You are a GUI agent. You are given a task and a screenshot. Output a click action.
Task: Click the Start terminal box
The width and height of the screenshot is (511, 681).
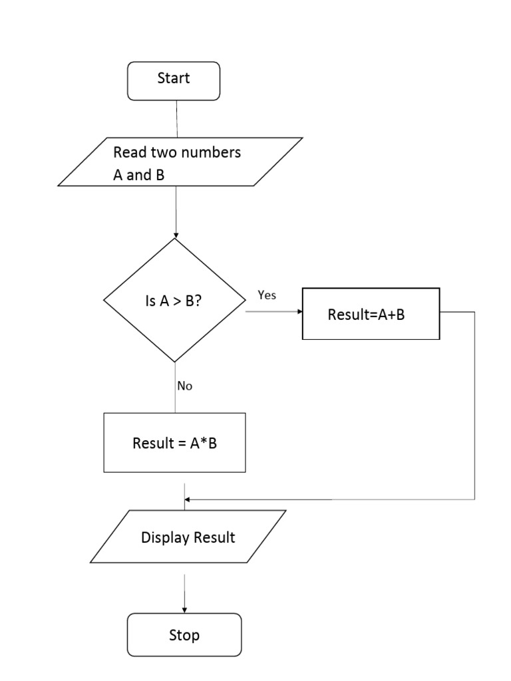174,80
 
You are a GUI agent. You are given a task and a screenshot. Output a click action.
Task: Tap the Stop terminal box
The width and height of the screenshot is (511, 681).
184,635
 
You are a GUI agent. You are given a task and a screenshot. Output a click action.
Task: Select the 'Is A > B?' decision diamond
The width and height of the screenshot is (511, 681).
175,301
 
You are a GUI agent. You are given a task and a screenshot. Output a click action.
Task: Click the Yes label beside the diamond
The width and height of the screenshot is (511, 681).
267,295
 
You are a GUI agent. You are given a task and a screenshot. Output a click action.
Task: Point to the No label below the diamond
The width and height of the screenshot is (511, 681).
185,386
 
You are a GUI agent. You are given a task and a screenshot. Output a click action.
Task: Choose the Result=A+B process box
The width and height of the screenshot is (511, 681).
371,314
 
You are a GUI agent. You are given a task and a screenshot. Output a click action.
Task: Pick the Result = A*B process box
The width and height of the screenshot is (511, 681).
174,443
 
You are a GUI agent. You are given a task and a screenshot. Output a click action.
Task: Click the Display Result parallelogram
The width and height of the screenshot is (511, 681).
188,537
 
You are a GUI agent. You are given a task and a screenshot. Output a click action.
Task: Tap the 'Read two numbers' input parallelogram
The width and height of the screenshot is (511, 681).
180,162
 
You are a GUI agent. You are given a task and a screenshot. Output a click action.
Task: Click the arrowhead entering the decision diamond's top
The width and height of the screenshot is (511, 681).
176,235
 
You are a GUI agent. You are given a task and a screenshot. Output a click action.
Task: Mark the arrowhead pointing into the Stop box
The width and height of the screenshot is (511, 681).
184,609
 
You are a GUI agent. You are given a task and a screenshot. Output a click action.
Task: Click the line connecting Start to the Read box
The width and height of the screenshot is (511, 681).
176,118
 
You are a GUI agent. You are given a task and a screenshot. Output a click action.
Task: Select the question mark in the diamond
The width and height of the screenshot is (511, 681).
199,301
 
